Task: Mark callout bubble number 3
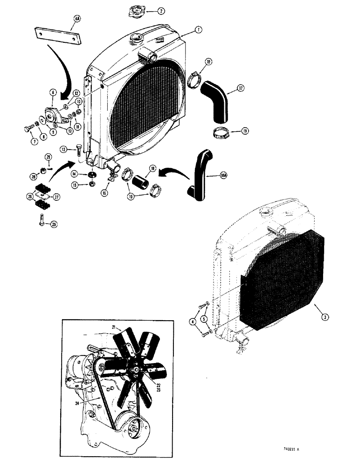[x=325, y=316]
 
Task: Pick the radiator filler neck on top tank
[x=138, y=38]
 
